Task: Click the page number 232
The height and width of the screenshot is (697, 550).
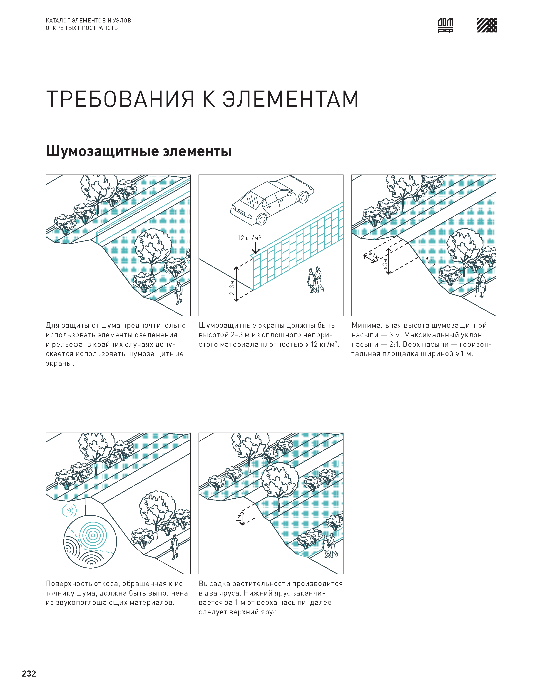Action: [x=29, y=674]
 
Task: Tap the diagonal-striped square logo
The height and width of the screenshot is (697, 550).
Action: [x=487, y=25]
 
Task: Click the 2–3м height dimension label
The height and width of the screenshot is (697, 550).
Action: [x=231, y=288]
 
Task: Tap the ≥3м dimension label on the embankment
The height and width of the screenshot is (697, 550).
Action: [x=385, y=265]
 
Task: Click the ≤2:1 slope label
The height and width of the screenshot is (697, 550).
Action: [x=430, y=262]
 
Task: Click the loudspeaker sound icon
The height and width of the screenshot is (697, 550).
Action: [x=68, y=510]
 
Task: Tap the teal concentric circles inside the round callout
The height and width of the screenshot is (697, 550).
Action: [x=93, y=535]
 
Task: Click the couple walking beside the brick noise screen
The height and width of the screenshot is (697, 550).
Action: [x=315, y=280]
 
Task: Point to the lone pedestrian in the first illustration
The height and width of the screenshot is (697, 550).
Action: [x=178, y=292]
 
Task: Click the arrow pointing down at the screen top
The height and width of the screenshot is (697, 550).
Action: [x=256, y=248]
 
